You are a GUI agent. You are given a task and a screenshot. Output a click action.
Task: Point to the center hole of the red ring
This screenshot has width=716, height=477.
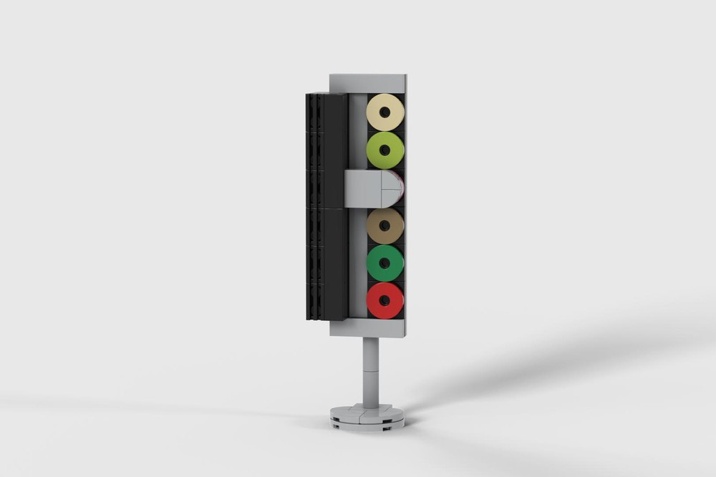click(385, 301)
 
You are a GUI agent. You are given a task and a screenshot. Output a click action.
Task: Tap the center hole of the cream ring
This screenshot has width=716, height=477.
click(385, 112)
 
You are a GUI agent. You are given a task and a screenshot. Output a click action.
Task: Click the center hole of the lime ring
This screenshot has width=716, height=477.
click(385, 150)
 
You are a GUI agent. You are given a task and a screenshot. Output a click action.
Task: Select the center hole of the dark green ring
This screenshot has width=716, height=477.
click(385, 264)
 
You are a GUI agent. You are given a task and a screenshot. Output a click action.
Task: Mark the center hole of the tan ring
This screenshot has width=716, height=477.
click(385, 226)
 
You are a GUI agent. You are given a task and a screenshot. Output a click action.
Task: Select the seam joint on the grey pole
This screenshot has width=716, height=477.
click(370, 371)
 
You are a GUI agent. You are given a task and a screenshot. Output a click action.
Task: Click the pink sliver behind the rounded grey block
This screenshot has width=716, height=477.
click(402, 188)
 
